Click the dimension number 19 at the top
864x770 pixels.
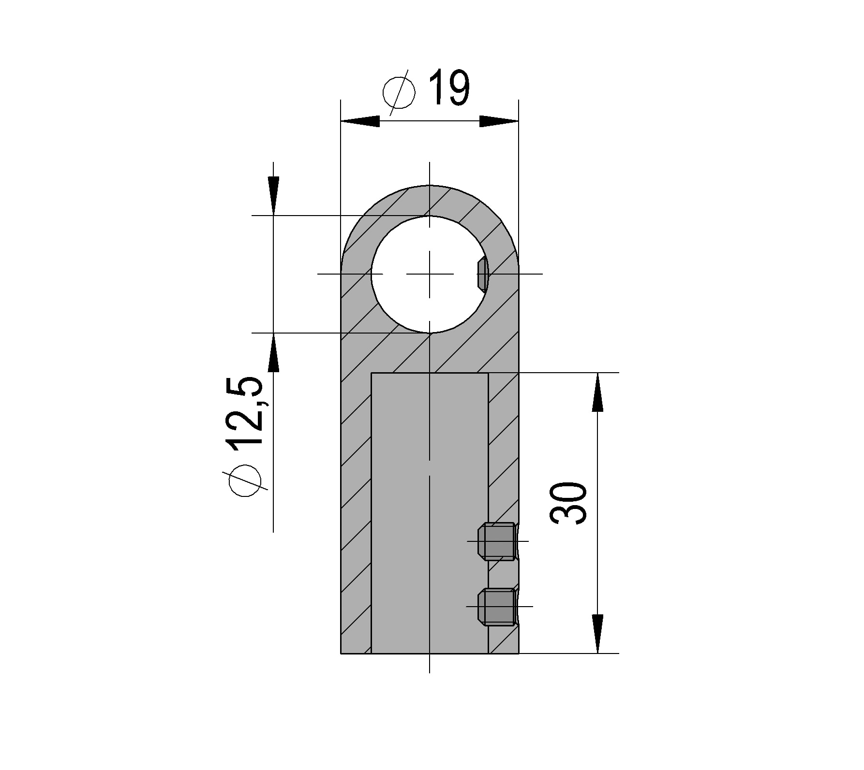[x=449, y=88]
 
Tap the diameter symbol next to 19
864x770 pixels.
[x=399, y=93]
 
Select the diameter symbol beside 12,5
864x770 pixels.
[x=245, y=481]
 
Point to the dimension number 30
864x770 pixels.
[x=569, y=503]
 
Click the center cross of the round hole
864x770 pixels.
[x=430, y=274]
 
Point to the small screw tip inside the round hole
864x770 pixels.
[x=482, y=274]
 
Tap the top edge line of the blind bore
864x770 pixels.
[x=430, y=373]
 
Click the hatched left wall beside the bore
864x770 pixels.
[x=356, y=508]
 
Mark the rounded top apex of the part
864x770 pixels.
[x=430, y=186]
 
